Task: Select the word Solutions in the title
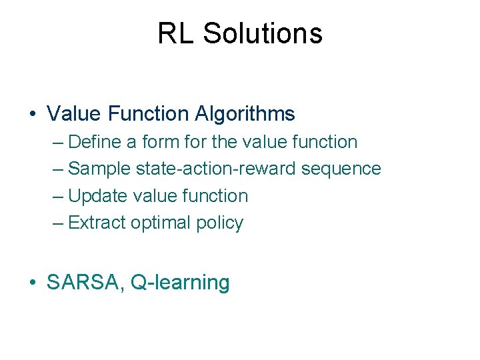click(x=263, y=33)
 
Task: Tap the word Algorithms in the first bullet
click(x=245, y=114)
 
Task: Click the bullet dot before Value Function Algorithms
click(x=33, y=115)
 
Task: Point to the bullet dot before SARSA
click(x=33, y=283)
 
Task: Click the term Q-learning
click(x=180, y=283)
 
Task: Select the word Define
click(x=92, y=142)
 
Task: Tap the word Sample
click(x=99, y=169)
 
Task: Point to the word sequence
click(x=341, y=169)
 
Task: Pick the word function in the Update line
click(x=213, y=196)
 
